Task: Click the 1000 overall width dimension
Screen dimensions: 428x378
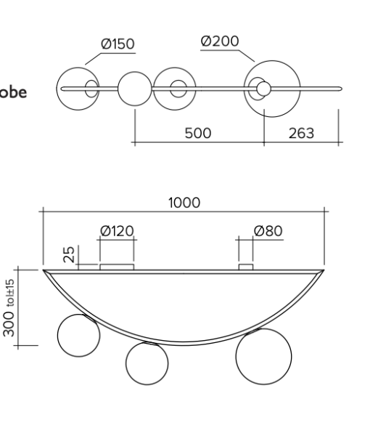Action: click(x=184, y=203)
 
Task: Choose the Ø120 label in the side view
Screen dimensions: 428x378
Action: click(x=117, y=231)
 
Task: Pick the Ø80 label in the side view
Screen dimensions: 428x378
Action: click(x=268, y=231)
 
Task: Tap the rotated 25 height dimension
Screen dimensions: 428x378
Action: click(x=67, y=254)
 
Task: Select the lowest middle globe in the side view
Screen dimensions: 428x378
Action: click(x=147, y=364)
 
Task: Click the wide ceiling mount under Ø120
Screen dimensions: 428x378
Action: click(x=117, y=267)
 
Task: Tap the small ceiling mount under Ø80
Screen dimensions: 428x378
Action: click(x=246, y=267)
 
